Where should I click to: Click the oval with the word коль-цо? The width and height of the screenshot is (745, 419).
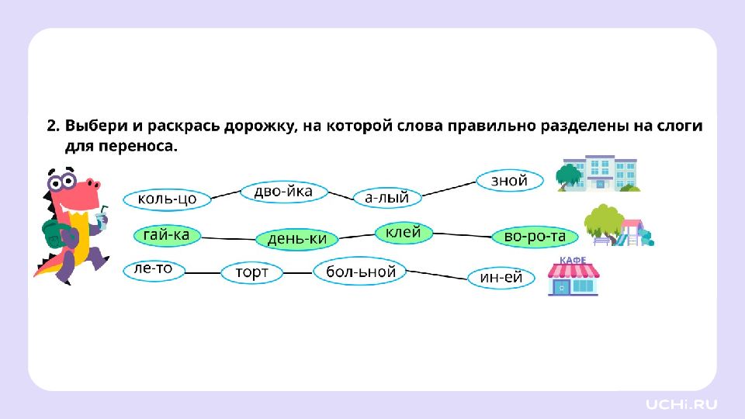coord(167,199)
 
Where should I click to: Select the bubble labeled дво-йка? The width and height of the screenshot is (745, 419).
coord(284,192)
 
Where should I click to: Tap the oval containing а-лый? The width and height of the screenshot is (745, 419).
coord(387,197)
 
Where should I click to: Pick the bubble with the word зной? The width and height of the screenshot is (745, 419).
coord(509,181)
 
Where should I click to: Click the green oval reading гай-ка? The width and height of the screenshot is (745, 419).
coord(167,235)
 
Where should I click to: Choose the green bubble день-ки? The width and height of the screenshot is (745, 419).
coord(297,239)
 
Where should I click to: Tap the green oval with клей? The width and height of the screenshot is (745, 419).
coord(404,233)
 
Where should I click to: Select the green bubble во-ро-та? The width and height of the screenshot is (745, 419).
coord(535,237)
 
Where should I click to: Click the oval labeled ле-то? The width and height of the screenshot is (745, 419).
coord(154,270)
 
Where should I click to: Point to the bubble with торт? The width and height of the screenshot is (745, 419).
coord(251,272)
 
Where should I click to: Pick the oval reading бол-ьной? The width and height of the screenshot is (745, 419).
coord(360,272)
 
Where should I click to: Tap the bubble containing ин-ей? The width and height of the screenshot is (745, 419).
coord(501,278)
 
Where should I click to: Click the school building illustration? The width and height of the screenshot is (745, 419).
coord(598,173)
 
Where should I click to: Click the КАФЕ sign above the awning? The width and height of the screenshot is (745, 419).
coord(573,261)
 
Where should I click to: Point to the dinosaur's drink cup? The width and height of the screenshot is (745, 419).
coord(101,219)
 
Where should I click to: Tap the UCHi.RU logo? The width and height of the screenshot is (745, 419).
coord(681,404)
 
